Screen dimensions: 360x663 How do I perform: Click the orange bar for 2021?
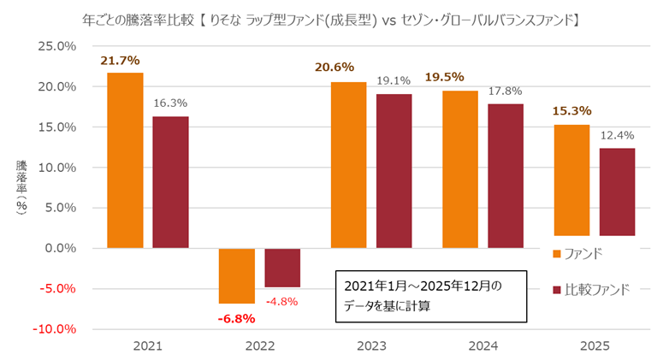pyautogui.click(x=125, y=160)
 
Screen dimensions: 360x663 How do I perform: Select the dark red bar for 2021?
pyautogui.click(x=170, y=182)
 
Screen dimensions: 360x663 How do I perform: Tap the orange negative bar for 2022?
pyautogui.click(x=237, y=275)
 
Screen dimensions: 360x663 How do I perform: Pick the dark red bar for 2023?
pyautogui.click(x=394, y=171)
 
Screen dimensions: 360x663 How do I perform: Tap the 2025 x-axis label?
pyautogui.click(x=595, y=348)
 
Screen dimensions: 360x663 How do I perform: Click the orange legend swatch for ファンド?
pyautogui.click(x=557, y=254)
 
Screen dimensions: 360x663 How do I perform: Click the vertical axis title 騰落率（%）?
pyautogui.click(x=20, y=188)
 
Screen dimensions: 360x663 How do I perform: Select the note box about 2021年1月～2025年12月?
pyautogui.click(x=429, y=297)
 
